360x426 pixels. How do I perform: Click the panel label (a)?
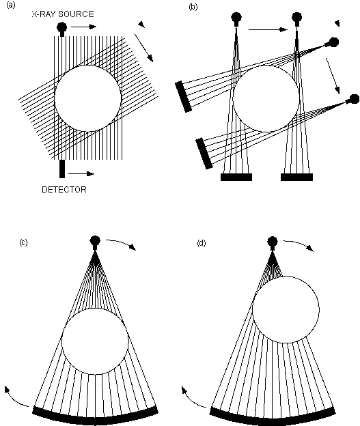[x=11, y=5]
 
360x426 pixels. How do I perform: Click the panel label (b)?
[x=193, y=7]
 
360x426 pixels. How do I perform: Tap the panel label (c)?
[x=23, y=242]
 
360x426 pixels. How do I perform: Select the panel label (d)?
[x=202, y=242]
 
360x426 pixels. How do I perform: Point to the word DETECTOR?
[x=64, y=189]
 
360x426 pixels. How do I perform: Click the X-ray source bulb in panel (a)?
[x=62, y=28]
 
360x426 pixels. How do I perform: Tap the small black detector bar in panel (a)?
[x=62, y=169]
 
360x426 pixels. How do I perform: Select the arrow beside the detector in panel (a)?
[x=81, y=174]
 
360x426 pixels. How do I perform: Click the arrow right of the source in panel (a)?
[x=84, y=27]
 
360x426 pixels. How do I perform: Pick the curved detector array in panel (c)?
[x=95, y=417]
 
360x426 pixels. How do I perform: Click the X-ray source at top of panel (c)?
[x=95, y=242]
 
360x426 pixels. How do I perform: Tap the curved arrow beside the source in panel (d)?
[x=299, y=244]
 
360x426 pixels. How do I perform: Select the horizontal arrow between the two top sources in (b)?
[x=268, y=29]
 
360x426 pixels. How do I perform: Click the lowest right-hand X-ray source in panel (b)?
[x=353, y=100]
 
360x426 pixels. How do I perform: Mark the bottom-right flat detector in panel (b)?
[x=296, y=177]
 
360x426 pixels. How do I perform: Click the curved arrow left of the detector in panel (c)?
[x=15, y=398]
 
